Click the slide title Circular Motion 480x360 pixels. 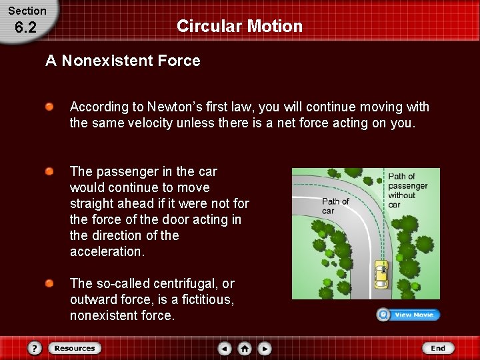point(239,26)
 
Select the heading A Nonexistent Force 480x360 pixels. point(123,61)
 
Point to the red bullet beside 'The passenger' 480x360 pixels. point(49,172)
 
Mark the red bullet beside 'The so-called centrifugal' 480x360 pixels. point(49,284)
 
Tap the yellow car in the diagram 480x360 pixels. point(381,273)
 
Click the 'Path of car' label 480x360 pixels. point(335,205)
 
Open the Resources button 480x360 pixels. point(73,348)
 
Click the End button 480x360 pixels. point(437,348)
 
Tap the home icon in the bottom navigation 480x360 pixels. point(245,348)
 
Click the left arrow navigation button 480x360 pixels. point(225,348)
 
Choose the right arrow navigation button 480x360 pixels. point(265,348)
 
